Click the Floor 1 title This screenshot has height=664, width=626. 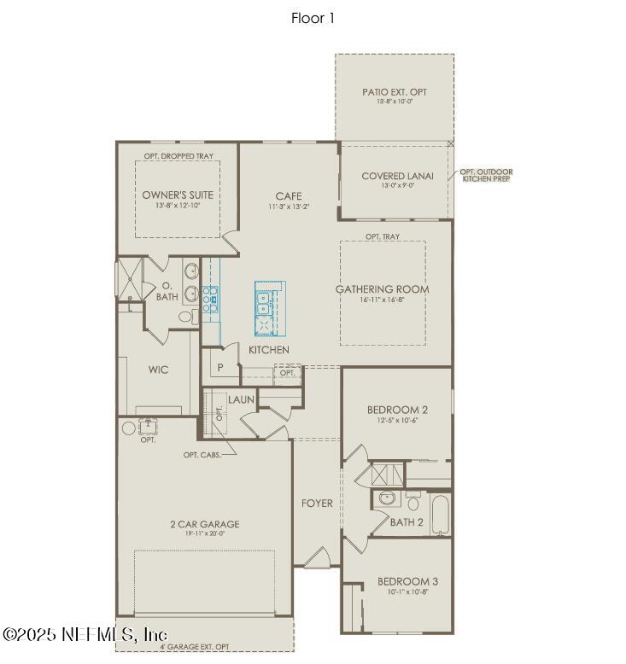click(313, 18)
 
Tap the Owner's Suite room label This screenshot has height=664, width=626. click(178, 195)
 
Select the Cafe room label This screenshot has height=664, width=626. click(289, 196)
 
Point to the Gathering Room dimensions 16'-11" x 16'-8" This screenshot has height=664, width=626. click(382, 300)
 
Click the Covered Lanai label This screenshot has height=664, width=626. click(397, 176)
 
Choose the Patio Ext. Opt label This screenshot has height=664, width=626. click(395, 91)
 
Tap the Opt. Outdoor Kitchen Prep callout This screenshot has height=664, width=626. click(487, 176)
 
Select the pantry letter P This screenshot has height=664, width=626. click(219, 367)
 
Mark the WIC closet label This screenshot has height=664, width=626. click(158, 370)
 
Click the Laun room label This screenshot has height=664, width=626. click(240, 399)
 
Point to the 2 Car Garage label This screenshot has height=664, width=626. click(204, 524)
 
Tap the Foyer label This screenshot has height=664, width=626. click(317, 503)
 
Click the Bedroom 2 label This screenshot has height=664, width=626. click(397, 410)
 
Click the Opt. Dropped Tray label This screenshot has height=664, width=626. click(178, 156)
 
